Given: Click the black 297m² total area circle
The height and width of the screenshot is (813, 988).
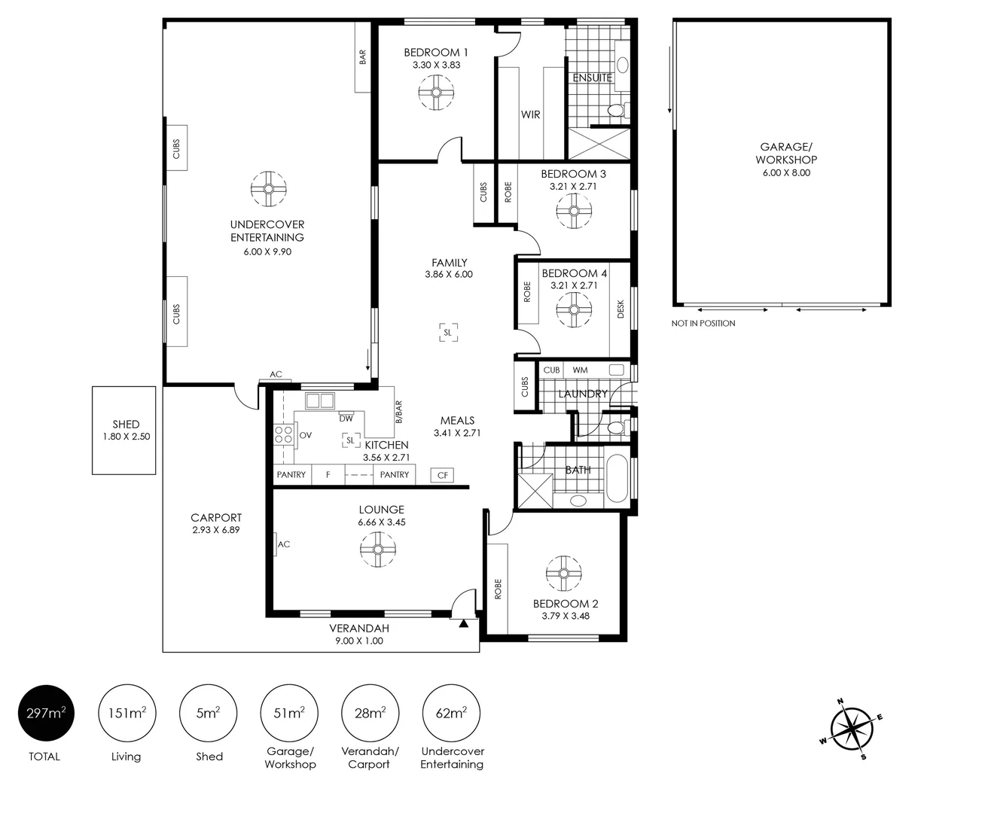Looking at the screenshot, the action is pyautogui.click(x=46, y=713).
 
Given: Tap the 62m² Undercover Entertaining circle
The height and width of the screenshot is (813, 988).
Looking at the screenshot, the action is pyautogui.click(x=451, y=713).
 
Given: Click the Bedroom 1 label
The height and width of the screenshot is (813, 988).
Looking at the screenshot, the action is pyautogui.click(x=436, y=53).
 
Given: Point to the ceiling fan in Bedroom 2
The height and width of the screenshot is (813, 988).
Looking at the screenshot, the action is pyautogui.click(x=563, y=574).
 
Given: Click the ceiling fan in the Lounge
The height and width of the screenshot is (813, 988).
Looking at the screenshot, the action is pyautogui.click(x=378, y=550).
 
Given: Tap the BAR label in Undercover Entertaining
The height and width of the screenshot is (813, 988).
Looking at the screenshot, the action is pyautogui.click(x=362, y=57).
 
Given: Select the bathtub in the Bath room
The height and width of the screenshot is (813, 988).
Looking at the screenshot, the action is pyautogui.click(x=617, y=478).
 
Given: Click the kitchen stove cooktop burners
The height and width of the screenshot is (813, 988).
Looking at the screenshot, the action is pyautogui.click(x=283, y=434).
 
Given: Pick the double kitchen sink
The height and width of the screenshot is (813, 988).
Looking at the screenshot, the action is pyautogui.click(x=320, y=401).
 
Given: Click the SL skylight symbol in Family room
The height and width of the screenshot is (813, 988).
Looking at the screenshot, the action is pyautogui.click(x=448, y=333).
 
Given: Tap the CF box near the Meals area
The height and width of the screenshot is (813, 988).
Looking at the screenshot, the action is pyautogui.click(x=442, y=475).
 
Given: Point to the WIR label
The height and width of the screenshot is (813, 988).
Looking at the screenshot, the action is pyautogui.click(x=530, y=114).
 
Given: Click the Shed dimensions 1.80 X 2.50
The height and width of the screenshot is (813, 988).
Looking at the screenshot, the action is pyautogui.click(x=127, y=437).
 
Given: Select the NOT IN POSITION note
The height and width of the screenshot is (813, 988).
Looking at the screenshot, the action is pyautogui.click(x=703, y=323).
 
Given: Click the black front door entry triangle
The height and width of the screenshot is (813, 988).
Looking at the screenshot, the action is pyautogui.click(x=463, y=623).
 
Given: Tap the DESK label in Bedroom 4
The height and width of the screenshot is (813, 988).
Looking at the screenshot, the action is pyautogui.click(x=621, y=309).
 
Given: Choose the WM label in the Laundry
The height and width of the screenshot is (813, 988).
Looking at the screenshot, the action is pyautogui.click(x=580, y=370).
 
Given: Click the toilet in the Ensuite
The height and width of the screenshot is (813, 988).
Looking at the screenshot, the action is pyautogui.click(x=618, y=111).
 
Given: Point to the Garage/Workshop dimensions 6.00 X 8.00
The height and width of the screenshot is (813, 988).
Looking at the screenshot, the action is pyautogui.click(x=786, y=172).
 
